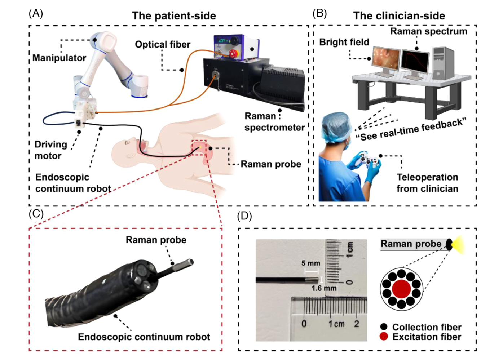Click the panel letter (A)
click(x=36, y=13)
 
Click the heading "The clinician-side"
click(x=399, y=16)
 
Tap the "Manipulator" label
click(x=59, y=58)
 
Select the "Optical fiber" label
click(x=163, y=44)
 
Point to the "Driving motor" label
click(x=50, y=150)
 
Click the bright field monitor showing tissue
click(x=386, y=59)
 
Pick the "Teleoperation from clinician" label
click(x=427, y=183)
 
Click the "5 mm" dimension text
click(x=311, y=263)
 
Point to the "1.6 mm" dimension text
click(x=324, y=288)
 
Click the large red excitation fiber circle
click(x=401, y=289)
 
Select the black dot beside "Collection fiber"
click(x=384, y=327)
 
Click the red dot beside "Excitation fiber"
click(x=384, y=337)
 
